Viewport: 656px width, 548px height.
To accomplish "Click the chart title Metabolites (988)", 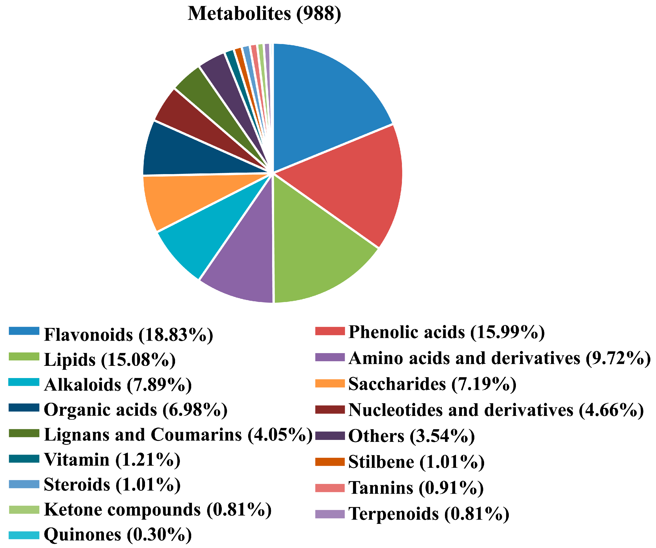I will click(264, 14).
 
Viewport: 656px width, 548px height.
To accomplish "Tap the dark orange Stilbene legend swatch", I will click(330, 462).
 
